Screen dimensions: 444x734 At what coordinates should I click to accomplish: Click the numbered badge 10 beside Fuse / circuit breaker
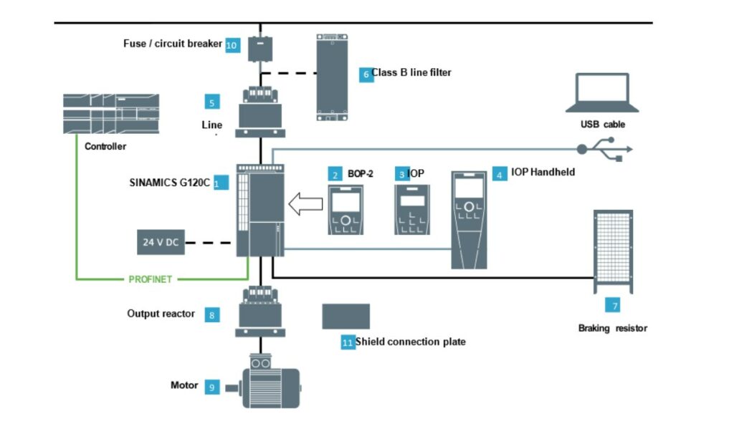pos(232,44)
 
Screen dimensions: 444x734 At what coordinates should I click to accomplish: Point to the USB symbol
pos(606,149)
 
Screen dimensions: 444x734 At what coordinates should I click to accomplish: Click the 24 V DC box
pos(161,243)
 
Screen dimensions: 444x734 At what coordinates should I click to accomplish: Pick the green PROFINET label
pos(151,279)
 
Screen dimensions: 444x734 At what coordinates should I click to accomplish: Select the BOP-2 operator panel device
pos(345,210)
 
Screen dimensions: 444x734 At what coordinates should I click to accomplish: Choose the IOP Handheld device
pos(469,220)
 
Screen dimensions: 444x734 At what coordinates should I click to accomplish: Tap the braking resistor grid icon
pos(613,249)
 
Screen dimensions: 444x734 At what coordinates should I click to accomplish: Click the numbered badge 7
pos(613,306)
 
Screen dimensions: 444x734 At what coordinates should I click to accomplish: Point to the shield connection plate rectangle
pos(345,316)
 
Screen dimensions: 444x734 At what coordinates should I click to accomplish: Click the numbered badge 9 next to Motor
pos(211,387)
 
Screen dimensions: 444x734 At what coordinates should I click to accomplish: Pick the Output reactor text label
pos(161,314)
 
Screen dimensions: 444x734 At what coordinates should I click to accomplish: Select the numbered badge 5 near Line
pos(212,102)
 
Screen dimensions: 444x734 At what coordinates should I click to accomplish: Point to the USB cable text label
pos(603,124)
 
